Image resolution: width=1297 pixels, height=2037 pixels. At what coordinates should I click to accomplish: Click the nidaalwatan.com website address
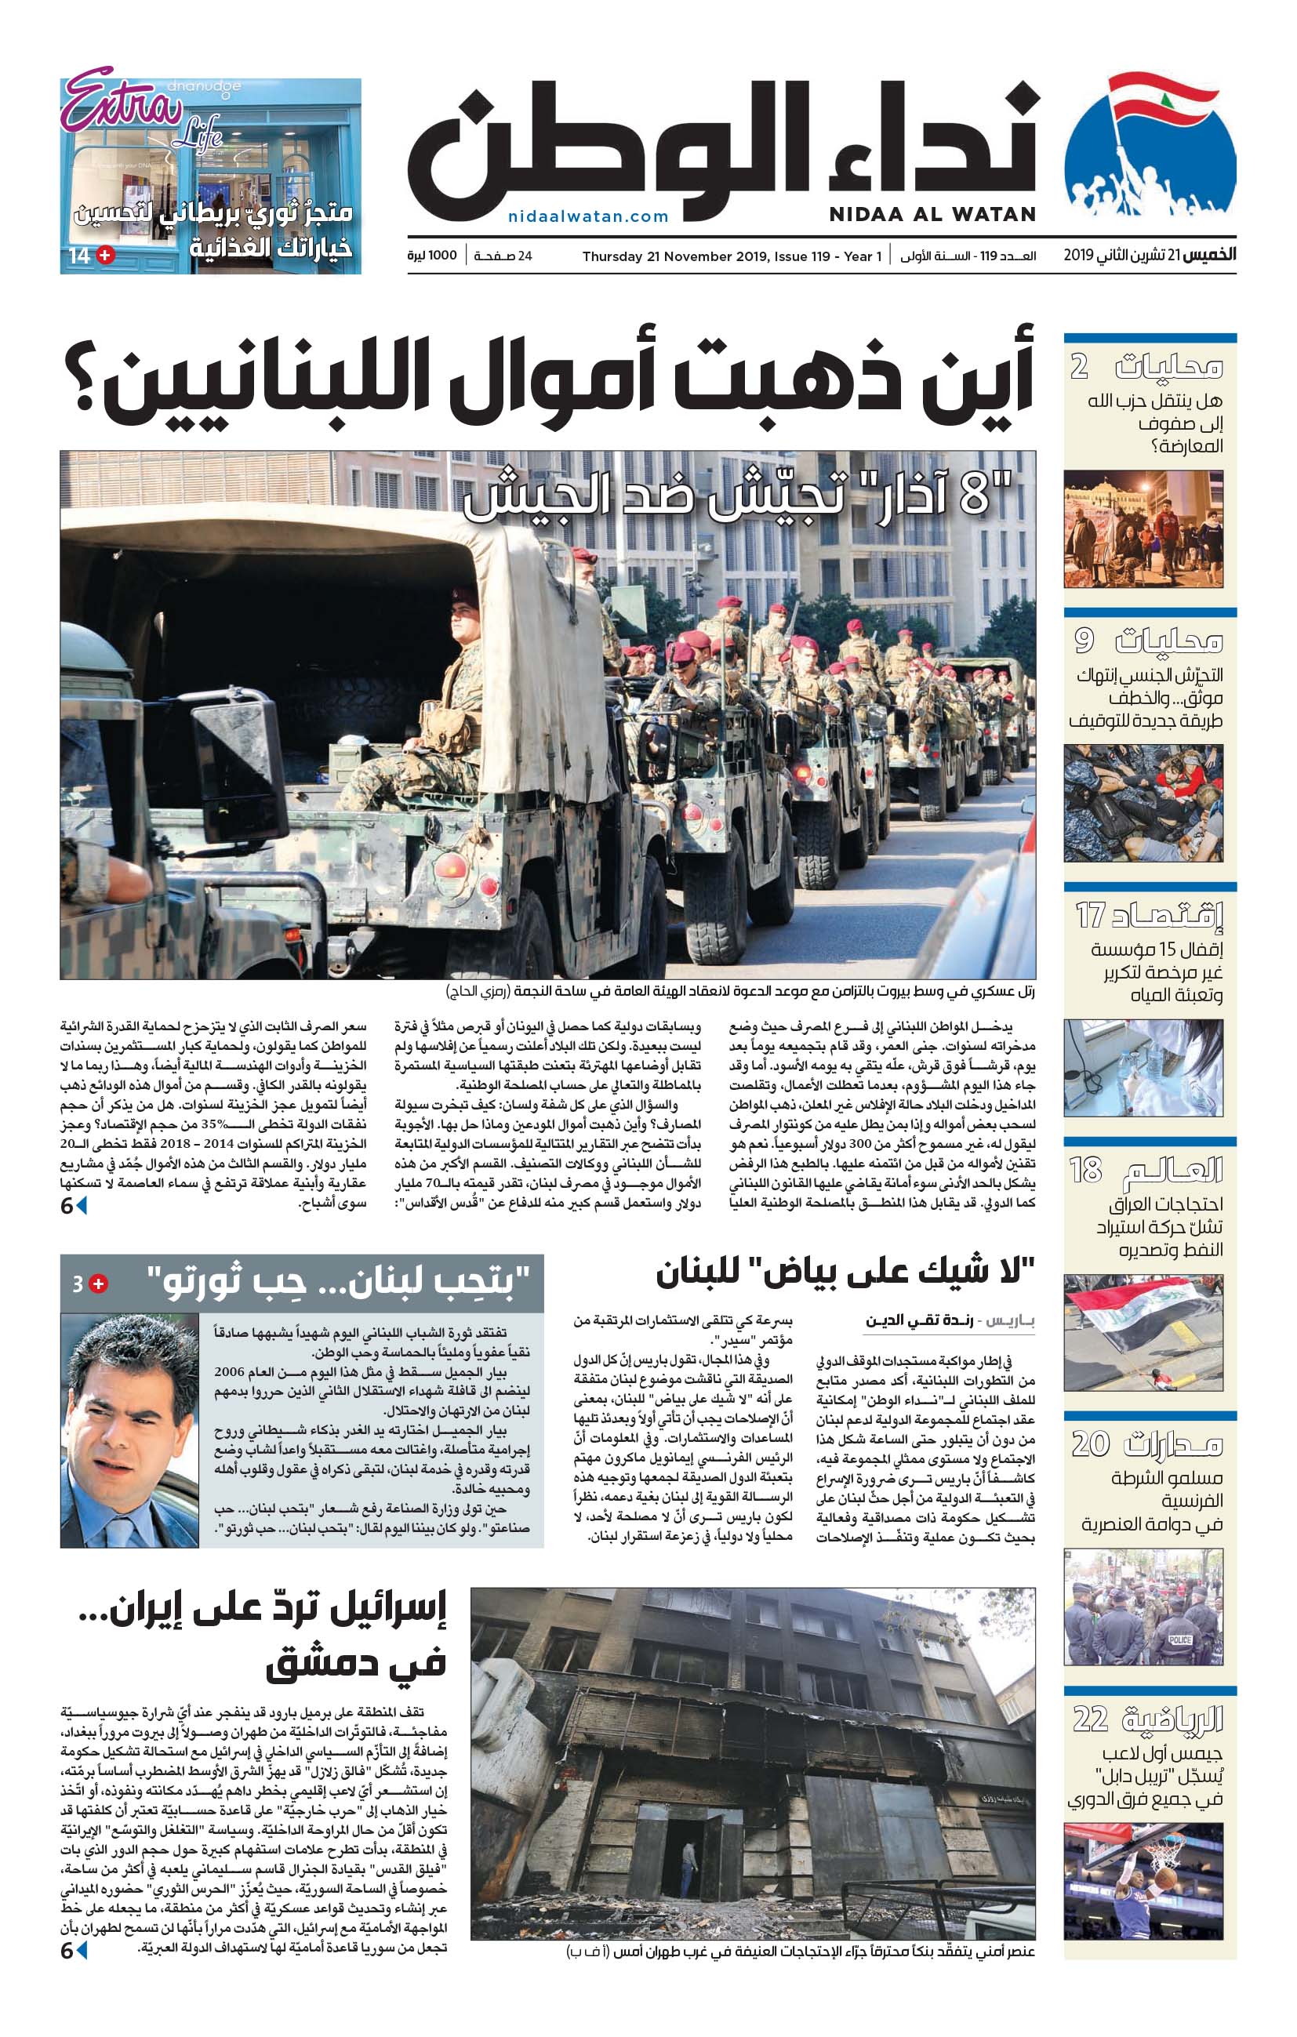(x=588, y=216)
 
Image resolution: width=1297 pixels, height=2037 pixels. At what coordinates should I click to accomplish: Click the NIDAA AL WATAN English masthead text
(x=932, y=215)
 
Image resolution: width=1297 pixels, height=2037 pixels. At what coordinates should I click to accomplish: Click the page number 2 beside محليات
(x=1079, y=366)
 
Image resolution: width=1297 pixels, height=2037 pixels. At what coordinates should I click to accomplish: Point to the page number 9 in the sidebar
(x=1084, y=641)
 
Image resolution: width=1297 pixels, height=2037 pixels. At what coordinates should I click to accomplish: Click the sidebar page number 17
(x=1091, y=914)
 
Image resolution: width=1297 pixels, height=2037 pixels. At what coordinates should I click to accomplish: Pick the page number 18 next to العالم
(x=1085, y=1170)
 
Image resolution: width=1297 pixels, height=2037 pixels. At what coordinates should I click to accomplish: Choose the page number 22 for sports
(x=1091, y=1719)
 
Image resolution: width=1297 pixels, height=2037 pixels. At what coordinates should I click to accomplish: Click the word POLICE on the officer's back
(x=1179, y=1639)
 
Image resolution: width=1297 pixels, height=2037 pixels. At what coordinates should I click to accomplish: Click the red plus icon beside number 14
(x=106, y=255)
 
